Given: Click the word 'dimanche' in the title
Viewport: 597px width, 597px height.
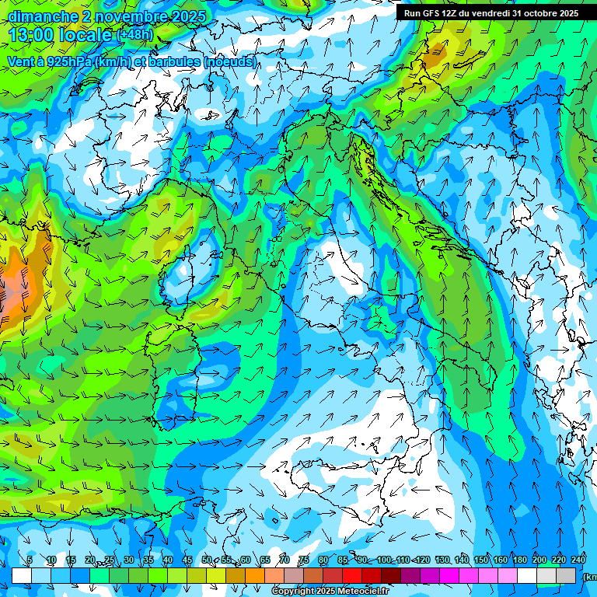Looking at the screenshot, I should [42, 16].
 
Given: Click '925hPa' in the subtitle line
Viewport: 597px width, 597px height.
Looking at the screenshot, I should [68, 61].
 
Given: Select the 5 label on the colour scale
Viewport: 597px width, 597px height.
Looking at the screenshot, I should [30, 560].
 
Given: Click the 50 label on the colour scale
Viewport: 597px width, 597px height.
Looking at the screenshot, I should [207, 560].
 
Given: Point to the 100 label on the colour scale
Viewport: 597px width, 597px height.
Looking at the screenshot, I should [384, 560].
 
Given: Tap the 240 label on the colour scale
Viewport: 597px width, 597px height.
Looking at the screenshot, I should [578, 560].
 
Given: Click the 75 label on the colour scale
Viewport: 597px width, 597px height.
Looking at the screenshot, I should [304, 560].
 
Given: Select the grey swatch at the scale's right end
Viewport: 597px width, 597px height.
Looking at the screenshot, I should [566, 575].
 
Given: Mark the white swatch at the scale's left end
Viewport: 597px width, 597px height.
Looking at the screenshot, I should [22, 575].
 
